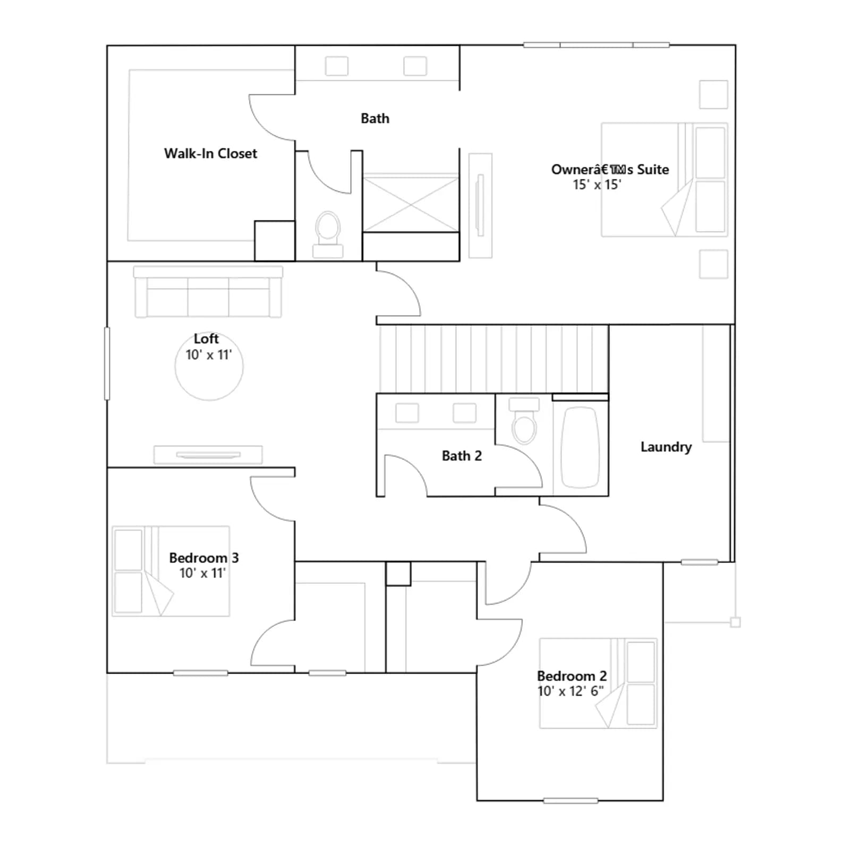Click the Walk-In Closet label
coord(210,154)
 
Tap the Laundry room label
coord(666,447)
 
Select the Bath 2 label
coord(462,456)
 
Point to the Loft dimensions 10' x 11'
coord(208,355)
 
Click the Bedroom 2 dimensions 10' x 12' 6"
coord(570,691)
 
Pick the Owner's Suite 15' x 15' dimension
coord(597,185)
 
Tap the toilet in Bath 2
coord(524,420)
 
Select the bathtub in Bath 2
coord(580,447)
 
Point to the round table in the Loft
coord(209,367)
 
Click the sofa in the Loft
coord(208,292)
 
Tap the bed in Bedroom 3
coord(171,571)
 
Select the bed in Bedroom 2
coord(598,683)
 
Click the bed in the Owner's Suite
coord(664,180)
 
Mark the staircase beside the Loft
coord(494,359)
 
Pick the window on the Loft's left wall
coord(107,363)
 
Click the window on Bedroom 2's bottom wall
coord(571,801)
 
